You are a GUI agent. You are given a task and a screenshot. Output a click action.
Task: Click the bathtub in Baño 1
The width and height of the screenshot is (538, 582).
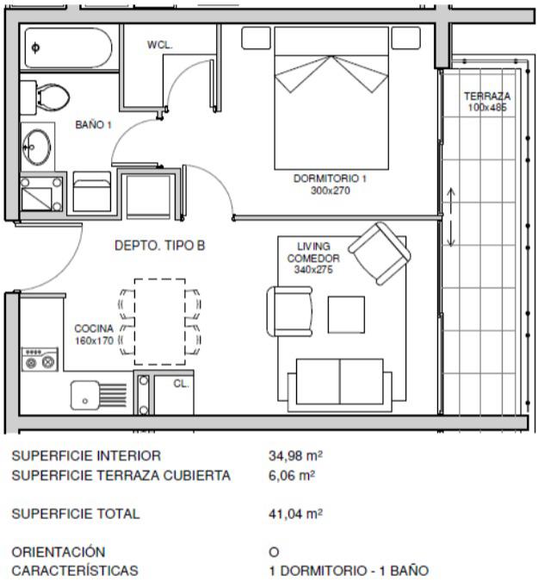69,48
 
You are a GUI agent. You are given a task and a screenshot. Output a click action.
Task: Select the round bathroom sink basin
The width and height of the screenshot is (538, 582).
36,147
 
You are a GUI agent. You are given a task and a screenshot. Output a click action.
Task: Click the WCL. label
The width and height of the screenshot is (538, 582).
160,45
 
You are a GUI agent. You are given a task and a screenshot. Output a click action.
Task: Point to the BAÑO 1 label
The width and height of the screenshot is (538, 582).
93,125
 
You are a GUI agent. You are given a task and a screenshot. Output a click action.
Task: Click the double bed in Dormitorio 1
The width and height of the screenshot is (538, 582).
331,98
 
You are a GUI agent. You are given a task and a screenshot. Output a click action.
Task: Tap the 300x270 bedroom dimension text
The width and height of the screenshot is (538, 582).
331,191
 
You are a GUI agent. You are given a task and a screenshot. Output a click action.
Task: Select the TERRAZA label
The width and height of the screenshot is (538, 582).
487,96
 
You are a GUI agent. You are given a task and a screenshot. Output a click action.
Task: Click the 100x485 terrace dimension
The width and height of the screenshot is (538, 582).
487,108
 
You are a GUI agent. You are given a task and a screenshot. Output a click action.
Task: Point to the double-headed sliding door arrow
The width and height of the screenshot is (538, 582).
450,217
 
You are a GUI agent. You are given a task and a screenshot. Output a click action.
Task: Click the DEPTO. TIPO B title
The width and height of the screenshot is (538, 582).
160,246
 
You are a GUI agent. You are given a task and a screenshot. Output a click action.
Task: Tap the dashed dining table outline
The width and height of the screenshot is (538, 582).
160,322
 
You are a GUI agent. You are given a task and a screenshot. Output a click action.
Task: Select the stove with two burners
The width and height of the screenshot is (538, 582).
40,360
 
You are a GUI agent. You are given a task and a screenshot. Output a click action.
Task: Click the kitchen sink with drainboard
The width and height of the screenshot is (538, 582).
98,395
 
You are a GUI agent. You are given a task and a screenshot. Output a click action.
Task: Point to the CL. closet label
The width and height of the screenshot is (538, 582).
181,384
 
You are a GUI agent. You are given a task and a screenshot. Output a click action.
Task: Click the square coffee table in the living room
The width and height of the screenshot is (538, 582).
346,315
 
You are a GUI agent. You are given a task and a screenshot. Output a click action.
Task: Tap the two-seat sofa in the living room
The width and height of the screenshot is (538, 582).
339,385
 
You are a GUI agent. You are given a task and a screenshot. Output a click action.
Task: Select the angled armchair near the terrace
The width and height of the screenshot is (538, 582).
380,253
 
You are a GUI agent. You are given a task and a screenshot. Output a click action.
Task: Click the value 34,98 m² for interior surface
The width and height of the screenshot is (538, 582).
295,455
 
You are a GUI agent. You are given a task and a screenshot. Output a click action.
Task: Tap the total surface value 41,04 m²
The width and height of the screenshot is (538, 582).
295,514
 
